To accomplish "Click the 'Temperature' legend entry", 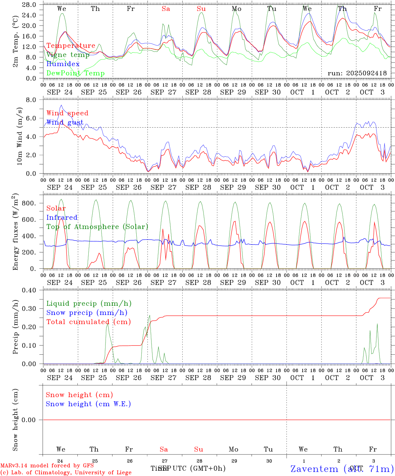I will click(71, 46).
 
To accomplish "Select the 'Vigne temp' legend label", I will click(68, 55).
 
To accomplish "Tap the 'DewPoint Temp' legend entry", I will click(75, 73).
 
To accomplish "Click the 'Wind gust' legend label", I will click(65, 122).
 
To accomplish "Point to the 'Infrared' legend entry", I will click(62, 218).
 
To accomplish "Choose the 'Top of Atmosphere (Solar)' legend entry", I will click(97, 227).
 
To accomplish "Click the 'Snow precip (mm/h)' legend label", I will click(87, 313).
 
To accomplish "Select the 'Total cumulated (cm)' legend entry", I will click(88, 322).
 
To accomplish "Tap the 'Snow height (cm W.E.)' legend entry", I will click(88, 404).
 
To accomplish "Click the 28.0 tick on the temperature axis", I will click(29, 5).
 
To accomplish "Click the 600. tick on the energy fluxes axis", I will click(29, 220).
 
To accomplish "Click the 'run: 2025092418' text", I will click(357, 73).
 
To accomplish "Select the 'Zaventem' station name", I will click(314, 469).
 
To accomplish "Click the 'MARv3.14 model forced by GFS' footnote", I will click(47, 466).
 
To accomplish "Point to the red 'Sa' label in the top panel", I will click(166, 9).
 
